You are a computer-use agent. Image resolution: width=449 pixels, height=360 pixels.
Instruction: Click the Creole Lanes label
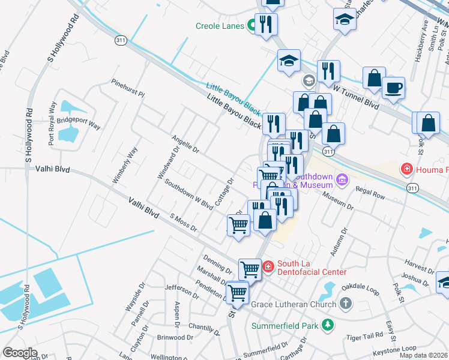[x=220, y=26]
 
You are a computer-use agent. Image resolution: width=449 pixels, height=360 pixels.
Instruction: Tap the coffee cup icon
[x=393, y=88]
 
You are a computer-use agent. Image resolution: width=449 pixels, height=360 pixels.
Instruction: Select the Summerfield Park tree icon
[x=327, y=325]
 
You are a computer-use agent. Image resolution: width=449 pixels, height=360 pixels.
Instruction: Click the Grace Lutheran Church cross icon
[x=345, y=304]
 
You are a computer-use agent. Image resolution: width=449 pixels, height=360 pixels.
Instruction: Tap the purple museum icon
[x=342, y=179]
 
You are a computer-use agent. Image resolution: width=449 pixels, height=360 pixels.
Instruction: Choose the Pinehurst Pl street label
[x=128, y=89]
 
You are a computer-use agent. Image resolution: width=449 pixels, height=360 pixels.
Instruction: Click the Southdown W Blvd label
[x=188, y=195]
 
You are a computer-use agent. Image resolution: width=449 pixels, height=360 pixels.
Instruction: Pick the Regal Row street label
[x=370, y=196]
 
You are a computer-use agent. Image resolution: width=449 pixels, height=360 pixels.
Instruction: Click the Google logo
[x=20, y=352]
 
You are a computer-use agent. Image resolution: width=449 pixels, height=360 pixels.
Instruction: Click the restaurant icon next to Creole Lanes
[x=266, y=25]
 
